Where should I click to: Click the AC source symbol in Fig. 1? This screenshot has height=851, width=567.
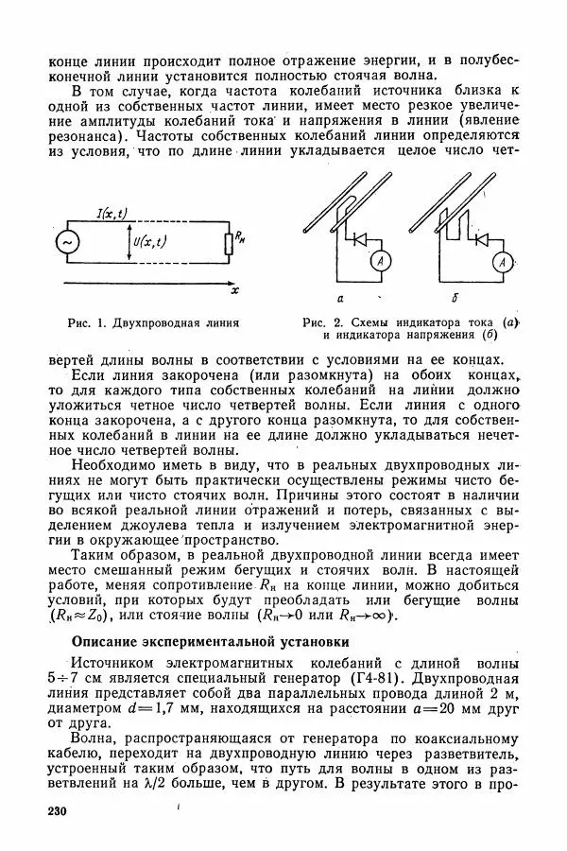(x=67, y=243)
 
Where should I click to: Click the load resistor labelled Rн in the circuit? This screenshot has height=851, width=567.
(x=228, y=245)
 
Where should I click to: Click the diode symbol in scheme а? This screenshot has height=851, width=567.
(x=359, y=240)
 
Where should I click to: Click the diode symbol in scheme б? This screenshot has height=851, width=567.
(x=483, y=240)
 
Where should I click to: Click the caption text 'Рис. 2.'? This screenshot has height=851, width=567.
(x=322, y=322)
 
